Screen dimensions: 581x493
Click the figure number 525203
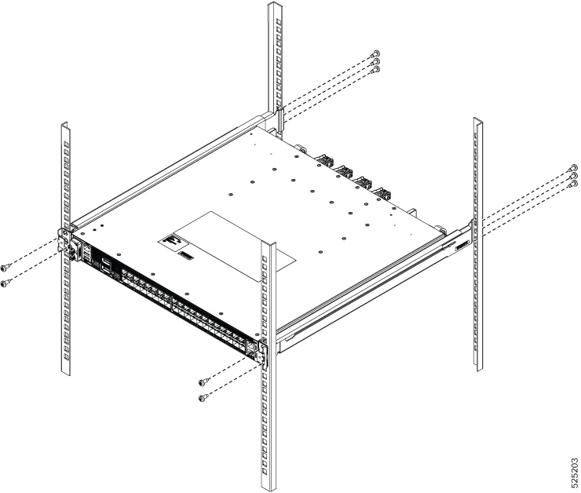point(573,471)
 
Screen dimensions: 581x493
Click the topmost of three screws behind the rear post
point(376,53)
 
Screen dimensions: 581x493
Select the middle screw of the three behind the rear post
point(376,61)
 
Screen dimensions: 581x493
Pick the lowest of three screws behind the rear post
point(376,70)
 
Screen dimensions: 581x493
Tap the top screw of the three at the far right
point(573,168)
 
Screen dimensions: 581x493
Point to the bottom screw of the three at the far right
point(573,184)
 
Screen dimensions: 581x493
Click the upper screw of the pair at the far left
point(5,266)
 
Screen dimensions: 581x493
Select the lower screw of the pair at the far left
point(5,283)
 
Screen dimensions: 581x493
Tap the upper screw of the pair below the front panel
point(203,382)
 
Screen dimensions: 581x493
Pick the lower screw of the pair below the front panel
point(203,398)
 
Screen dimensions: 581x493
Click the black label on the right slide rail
point(462,246)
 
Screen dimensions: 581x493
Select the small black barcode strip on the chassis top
point(186,256)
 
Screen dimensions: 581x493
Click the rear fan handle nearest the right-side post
point(382,192)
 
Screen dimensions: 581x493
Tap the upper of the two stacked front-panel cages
point(106,262)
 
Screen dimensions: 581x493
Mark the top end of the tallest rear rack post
point(275,4)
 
